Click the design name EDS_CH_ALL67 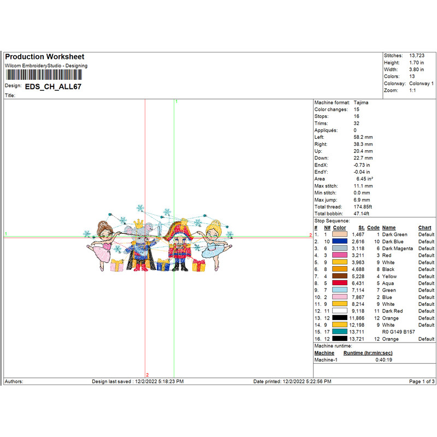(x=53, y=86)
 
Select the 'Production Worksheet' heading (x=45, y=57)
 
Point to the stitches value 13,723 (x=418, y=56)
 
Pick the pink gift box (x=117, y=265)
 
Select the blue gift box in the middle (x=163, y=265)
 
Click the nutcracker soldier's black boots (x=180, y=268)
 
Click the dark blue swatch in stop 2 (x=339, y=241)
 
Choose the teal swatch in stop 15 (x=339, y=332)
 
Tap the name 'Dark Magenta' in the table (x=398, y=249)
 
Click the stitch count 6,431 (x=357, y=284)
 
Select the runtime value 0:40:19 (x=383, y=360)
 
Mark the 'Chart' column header (x=425, y=228)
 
